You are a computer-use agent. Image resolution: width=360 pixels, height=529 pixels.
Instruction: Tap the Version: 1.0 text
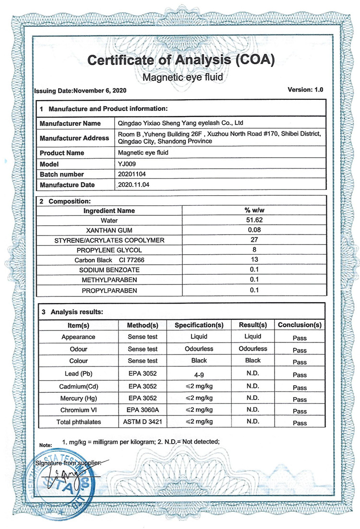click(x=305, y=90)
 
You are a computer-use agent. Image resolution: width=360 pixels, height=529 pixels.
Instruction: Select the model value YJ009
click(x=127, y=164)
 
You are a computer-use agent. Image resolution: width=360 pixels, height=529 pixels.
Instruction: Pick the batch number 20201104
click(x=131, y=174)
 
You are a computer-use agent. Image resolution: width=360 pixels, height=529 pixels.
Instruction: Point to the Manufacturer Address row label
click(x=74, y=138)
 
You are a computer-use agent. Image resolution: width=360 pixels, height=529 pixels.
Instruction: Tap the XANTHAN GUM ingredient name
click(x=109, y=230)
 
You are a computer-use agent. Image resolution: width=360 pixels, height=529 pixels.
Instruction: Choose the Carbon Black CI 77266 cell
click(x=109, y=260)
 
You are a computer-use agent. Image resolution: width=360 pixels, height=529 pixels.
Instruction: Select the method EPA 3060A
click(x=143, y=410)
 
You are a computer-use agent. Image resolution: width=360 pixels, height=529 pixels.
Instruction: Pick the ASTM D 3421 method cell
click(x=143, y=422)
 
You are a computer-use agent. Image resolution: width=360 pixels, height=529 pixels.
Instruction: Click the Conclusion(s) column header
click(x=300, y=325)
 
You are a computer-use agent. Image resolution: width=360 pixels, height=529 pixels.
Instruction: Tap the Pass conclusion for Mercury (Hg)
click(x=300, y=399)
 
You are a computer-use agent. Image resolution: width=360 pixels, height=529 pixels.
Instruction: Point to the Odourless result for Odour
click(x=253, y=349)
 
